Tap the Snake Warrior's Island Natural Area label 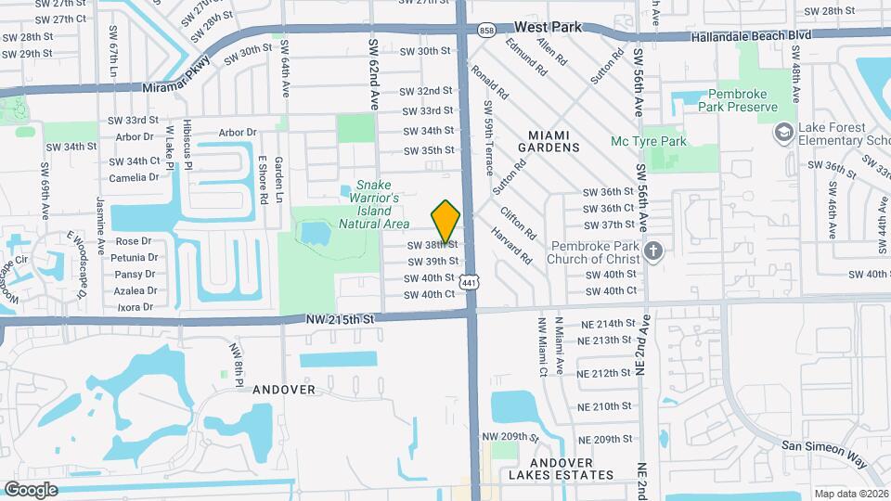[374, 204]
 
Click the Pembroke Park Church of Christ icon [654, 250]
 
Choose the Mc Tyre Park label [649, 141]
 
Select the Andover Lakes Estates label [561, 469]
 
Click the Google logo [32, 489]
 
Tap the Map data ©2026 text [850, 494]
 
